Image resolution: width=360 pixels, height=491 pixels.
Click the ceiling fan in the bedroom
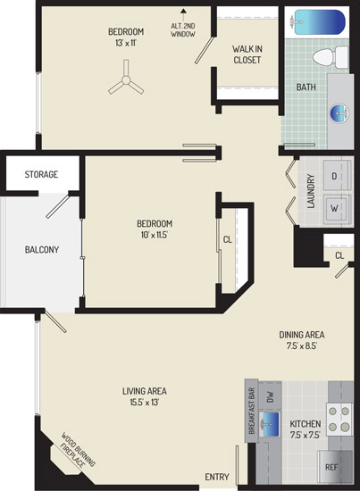[126, 80]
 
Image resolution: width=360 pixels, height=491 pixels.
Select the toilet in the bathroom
[331, 57]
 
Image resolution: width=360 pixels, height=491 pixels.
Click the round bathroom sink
[339, 113]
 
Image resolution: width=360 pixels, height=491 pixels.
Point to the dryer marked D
[337, 175]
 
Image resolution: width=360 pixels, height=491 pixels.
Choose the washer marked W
[337, 209]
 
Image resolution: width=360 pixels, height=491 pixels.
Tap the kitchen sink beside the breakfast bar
[269, 425]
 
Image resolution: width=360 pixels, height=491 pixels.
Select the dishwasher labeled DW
[270, 397]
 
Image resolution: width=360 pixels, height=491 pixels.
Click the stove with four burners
[339, 419]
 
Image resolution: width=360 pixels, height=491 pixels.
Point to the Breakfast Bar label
[252, 412]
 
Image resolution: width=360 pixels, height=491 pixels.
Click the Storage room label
[41, 174]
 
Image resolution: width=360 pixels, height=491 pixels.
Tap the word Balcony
[42, 250]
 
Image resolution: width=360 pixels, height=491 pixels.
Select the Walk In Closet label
[247, 54]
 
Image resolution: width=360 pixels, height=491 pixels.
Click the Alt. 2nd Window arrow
[184, 15]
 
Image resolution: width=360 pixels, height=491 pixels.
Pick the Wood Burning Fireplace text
[77, 451]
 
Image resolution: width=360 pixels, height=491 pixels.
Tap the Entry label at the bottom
[217, 477]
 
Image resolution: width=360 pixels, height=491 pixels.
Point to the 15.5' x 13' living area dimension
[145, 402]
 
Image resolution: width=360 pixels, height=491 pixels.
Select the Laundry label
[311, 191]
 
